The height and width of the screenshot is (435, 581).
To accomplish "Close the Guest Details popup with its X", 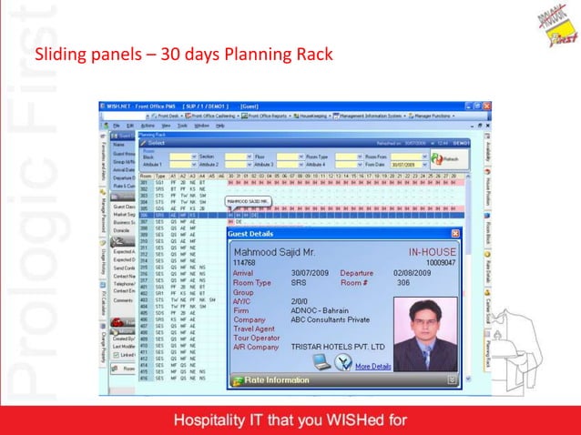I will pos(454,234).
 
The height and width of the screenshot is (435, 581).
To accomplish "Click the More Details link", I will pos(373,366).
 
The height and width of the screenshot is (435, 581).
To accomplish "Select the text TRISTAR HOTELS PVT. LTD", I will pos(340,347).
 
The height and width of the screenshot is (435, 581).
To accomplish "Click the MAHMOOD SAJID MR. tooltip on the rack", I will pos(250,199).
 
